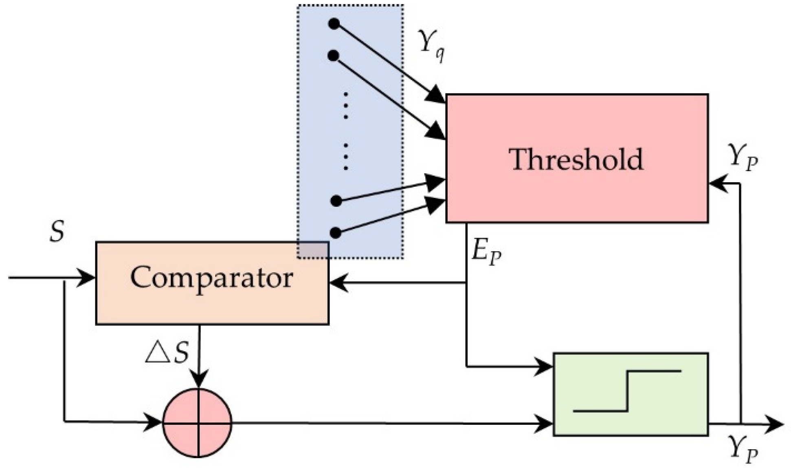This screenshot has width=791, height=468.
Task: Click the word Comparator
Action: tap(211, 279)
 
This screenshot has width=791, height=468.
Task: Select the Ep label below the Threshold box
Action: tap(486, 252)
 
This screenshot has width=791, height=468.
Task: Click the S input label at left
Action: tap(57, 232)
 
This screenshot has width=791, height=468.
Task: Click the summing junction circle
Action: tap(198, 423)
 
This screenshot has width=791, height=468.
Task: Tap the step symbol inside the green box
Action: tap(627, 391)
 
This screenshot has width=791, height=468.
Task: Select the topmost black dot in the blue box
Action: tap(334, 24)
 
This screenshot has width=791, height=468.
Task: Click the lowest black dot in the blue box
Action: tap(335, 233)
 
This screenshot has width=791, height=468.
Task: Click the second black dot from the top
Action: tap(333, 56)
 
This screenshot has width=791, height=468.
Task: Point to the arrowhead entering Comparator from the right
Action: tap(338, 282)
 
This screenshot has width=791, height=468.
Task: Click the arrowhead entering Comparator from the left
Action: tap(87, 278)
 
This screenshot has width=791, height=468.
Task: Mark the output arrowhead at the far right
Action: tap(774, 424)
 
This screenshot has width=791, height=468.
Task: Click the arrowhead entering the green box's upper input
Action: tap(544, 366)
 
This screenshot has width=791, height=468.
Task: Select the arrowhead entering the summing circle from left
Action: tap(154, 422)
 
